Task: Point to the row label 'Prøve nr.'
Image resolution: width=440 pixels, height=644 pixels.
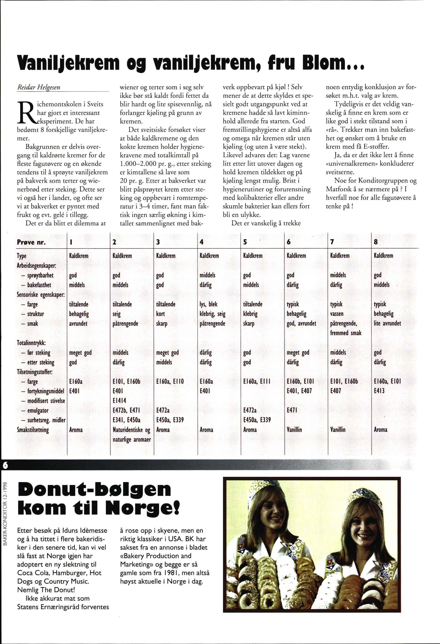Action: (x=31, y=242)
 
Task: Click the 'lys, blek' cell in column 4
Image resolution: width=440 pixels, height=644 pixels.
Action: (x=208, y=304)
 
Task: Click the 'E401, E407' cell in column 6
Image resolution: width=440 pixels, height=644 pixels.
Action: (x=299, y=391)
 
